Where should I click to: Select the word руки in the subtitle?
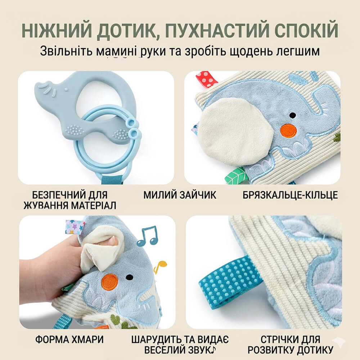[153, 51]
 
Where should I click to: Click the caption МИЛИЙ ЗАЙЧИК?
[180, 195]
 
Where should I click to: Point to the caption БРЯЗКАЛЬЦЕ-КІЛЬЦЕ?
[290, 195]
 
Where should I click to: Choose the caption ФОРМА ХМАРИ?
[69, 339]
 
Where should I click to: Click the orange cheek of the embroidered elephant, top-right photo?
[288, 131]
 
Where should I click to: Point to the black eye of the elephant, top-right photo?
[292, 115]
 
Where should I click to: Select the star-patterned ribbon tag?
[74, 227]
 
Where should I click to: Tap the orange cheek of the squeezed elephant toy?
[110, 282]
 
